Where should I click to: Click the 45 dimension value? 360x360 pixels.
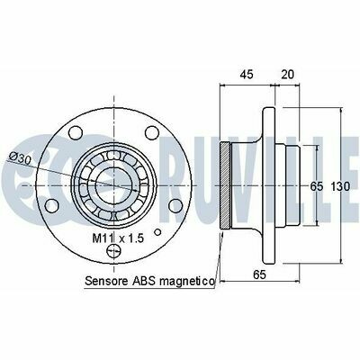coord(247,74)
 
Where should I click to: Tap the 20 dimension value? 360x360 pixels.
coord(287,74)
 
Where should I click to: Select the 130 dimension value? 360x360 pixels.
coord(340,186)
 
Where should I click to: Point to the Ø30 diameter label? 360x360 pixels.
coord(21,157)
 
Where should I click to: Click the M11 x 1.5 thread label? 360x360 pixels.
coord(118,238)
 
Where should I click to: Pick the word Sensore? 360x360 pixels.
coord(106,281)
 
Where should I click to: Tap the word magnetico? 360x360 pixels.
coord(187,282)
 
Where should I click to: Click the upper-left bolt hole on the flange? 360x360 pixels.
coord(75,133)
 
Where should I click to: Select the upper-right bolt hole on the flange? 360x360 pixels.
coord(152,133)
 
